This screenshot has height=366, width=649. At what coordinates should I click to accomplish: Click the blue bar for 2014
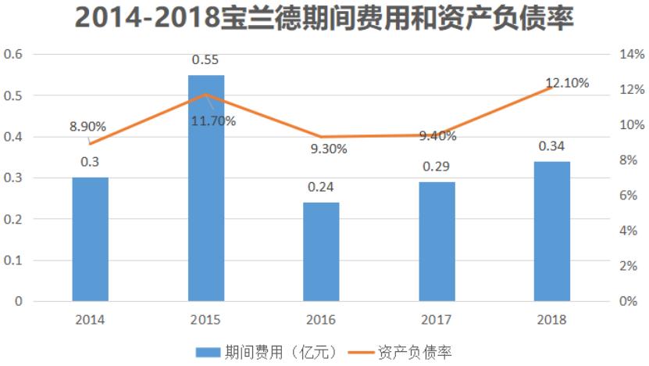pos(90,239)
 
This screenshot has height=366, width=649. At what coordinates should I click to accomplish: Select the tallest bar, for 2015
pos(205,188)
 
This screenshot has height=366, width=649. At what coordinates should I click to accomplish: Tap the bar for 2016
pos(321,252)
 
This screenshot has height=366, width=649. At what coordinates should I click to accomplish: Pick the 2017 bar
pos(437,242)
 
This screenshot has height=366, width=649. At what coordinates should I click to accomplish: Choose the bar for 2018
pos(551,231)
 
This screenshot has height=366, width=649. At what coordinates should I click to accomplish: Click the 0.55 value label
pos(205,59)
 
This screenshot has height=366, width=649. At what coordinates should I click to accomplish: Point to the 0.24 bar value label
pos(321,187)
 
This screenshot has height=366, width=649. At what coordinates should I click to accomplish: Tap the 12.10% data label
pos(567,83)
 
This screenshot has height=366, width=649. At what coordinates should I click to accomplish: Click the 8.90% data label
pos(87,127)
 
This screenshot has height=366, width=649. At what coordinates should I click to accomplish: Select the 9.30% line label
pos(328,149)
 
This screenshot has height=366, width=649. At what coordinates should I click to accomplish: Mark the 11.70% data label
pos(213,120)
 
